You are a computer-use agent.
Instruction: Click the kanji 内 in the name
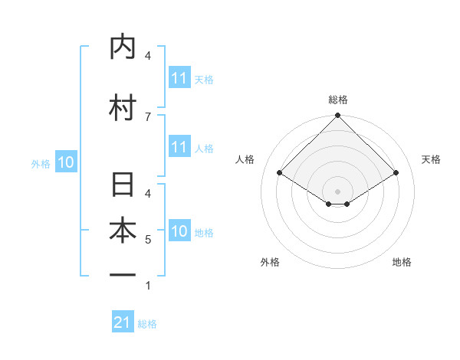122,47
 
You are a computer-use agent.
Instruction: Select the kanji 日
122,185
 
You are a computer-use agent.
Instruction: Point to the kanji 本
122,231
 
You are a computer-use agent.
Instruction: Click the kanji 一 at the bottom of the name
122,275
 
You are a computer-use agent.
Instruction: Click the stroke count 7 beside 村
147,116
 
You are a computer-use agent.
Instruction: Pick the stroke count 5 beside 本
147,240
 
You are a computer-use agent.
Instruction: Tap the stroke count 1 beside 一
147,286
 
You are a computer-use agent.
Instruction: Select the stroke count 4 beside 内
147,55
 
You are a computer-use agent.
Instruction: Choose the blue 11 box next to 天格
179,78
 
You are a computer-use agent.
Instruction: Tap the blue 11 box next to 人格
179,147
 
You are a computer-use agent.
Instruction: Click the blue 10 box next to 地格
179,231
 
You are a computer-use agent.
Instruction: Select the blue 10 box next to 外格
66,162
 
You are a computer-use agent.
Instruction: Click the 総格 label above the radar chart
338,100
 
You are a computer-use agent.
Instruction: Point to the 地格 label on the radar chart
402,262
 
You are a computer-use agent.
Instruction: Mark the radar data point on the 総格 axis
338,116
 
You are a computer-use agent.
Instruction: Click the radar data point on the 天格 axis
396,173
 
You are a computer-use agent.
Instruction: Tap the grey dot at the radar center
338,191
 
